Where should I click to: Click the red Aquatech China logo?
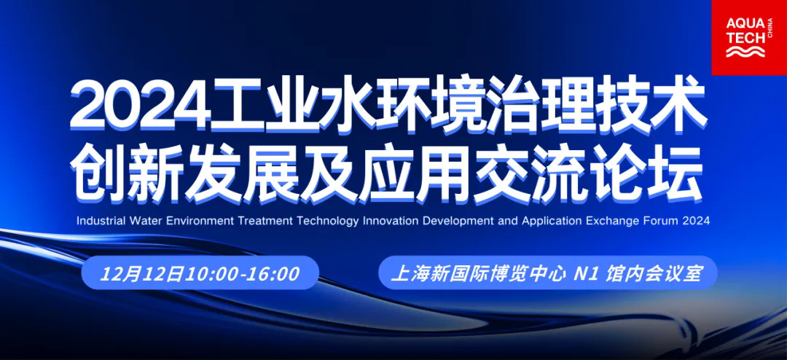[x=749, y=38]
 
